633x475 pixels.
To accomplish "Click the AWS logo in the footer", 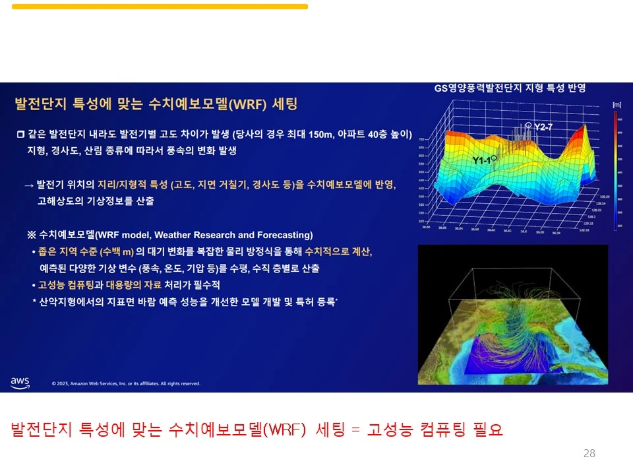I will pos(20,382).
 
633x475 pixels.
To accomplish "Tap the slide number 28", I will pos(589,453).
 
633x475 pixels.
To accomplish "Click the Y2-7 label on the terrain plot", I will pos(543,126).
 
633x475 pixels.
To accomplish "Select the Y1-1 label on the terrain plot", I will pos(481,160).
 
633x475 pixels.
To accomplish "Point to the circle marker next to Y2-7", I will pos(527,124).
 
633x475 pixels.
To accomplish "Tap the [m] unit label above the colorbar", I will pos(617,104).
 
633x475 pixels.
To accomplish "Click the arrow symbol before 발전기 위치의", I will pos(28,185).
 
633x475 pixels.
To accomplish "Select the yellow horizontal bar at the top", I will pos(160,7).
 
